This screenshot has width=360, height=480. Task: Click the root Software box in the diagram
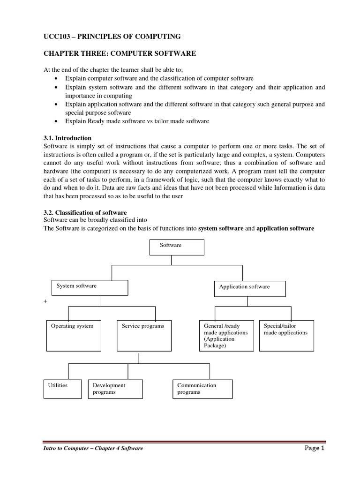[x=177, y=247]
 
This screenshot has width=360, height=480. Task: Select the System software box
[x=90, y=287]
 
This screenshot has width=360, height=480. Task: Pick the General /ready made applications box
[x=226, y=336]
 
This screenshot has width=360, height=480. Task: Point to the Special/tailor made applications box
[x=286, y=336]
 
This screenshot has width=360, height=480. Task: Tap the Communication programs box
[x=202, y=389]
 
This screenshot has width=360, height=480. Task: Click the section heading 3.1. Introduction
[x=67, y=138]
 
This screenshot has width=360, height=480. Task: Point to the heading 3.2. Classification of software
[x=85, y=212]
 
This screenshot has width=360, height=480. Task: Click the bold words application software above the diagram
[x=285, y=228]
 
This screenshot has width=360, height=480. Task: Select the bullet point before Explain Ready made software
[x=57, y=121]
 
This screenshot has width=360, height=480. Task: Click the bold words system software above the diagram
[x=221, y=228]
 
